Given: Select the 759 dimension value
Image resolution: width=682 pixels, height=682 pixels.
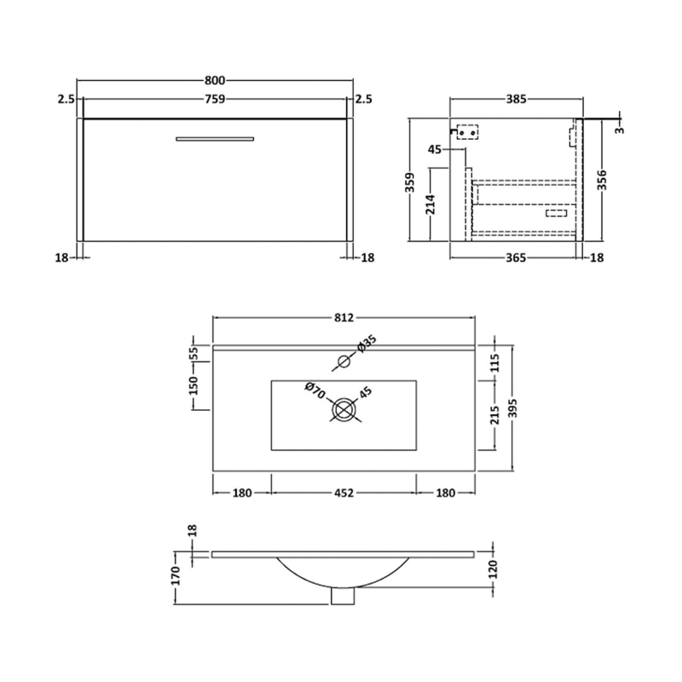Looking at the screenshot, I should pyautogui.click(x=215, y=100).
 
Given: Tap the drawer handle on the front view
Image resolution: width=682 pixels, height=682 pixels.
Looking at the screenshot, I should pyautogui.click(x=215, y=137).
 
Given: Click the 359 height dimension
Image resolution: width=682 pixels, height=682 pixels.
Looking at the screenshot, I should pyautogui.click(x=410, y=182).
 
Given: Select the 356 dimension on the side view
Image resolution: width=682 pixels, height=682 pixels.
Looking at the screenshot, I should pyautogui.click(x=604, y=182).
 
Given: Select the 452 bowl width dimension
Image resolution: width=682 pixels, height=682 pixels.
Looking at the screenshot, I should pyautogui.click(x=344, y=493).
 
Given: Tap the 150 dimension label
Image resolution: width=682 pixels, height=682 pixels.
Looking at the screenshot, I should pyautogui.click(x=194, y=390).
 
